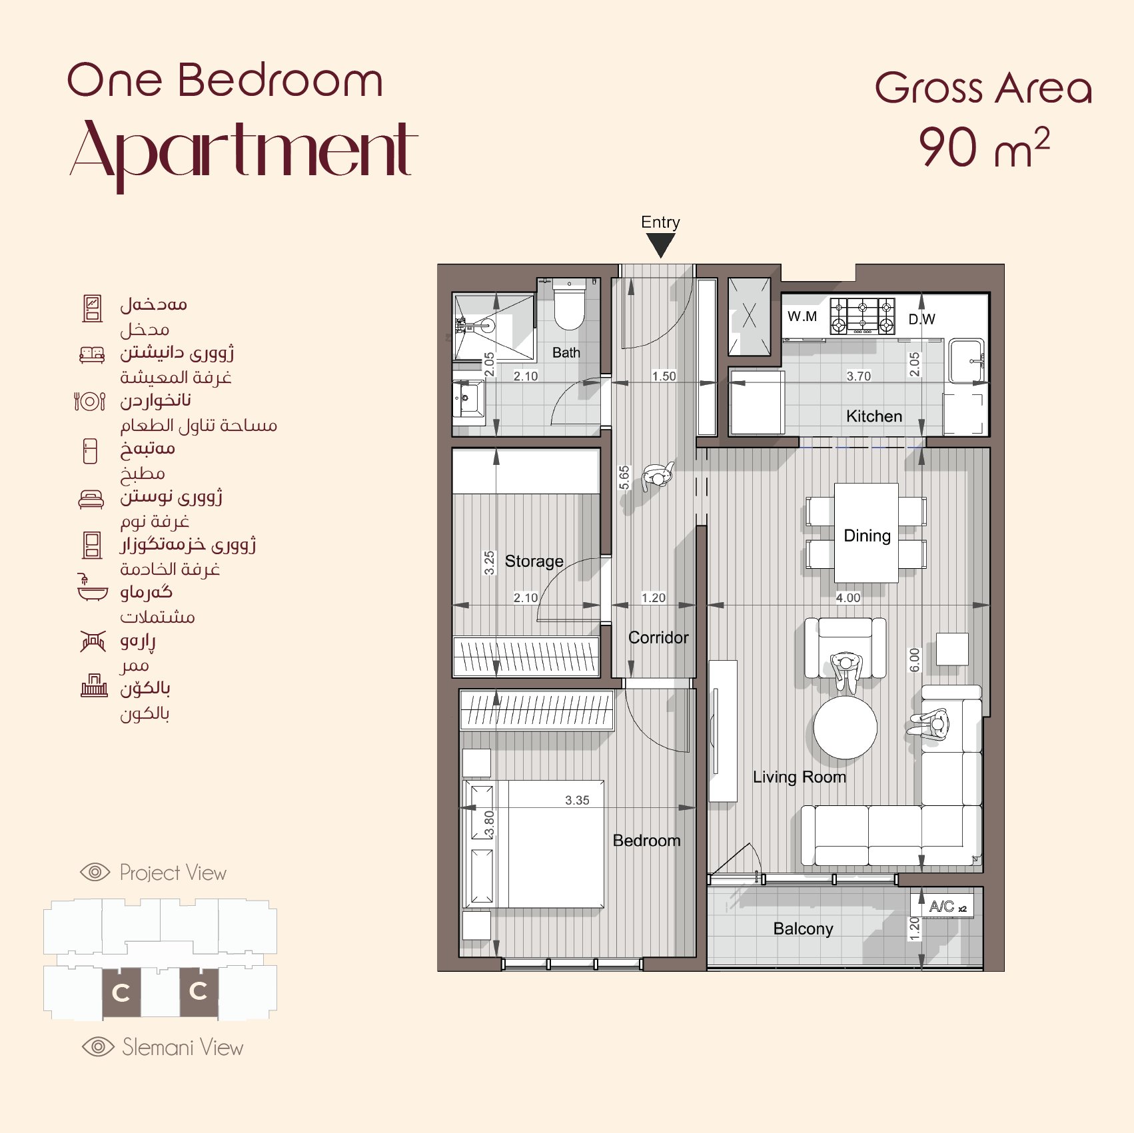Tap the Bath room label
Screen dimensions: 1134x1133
pos(566,353)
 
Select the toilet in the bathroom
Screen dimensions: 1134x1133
pos(569,306)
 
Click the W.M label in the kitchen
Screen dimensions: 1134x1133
pos(802,316)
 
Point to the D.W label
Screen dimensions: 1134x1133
pos(922,319)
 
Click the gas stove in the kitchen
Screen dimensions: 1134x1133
pos(862,316)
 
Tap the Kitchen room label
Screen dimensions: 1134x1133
pos(874,416)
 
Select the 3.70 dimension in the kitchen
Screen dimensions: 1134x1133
pos(859,376)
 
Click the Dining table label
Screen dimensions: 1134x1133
pos(867,536)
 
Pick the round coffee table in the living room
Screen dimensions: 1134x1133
pos(846,727)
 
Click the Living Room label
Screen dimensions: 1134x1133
pos(800,777)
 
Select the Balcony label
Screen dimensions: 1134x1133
pos(804,929)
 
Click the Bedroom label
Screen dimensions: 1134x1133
pos(646,841)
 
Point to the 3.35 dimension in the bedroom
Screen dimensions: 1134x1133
pos(577,801)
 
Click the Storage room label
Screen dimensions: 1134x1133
pos(534,562)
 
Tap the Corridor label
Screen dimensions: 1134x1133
pos(658,638)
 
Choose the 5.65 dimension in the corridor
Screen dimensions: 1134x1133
pos(624,478)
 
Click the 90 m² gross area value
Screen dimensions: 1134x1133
pos(984,148)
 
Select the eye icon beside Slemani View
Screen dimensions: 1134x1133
pos(98,1047)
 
